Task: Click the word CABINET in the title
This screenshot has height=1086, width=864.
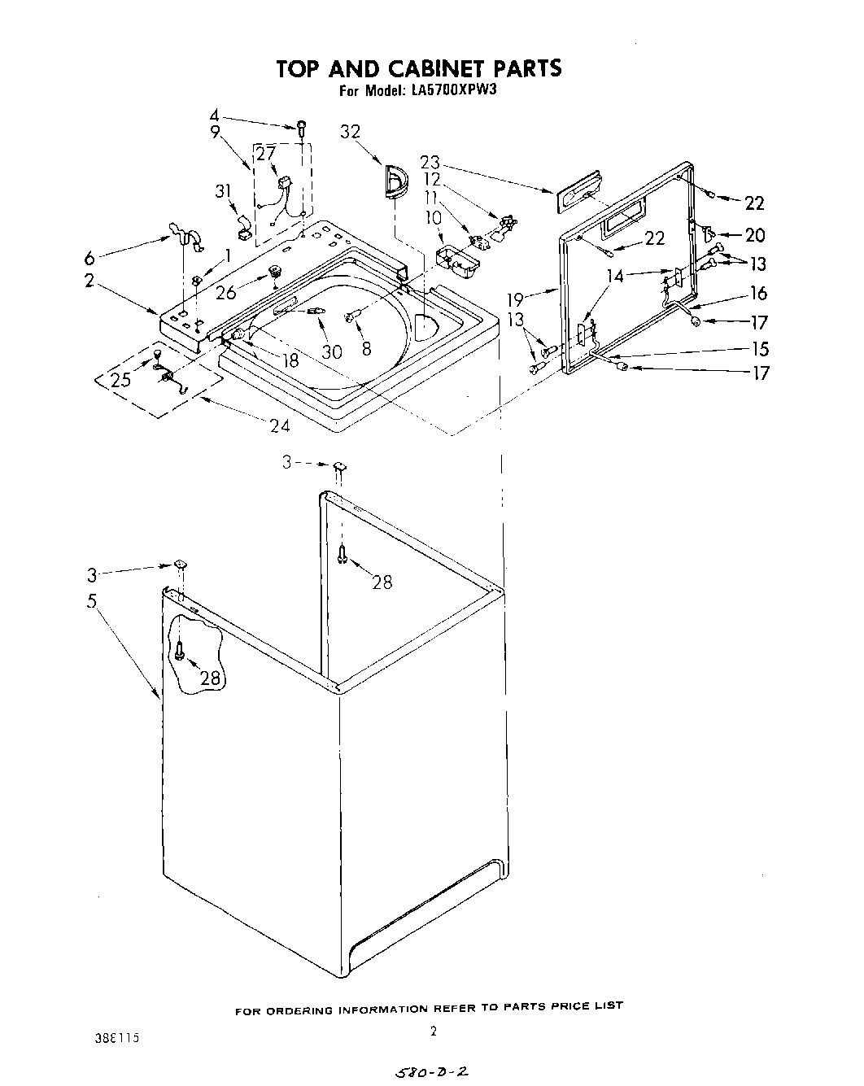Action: coord(421,68)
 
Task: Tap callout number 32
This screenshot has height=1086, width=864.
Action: coord(351,133)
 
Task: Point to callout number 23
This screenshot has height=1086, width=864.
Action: coord(430,162)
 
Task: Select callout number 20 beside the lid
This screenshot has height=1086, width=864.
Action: coord(755,235)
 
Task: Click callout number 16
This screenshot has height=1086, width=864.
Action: coord(758,294)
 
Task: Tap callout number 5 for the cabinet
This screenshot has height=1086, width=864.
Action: coord(92,602)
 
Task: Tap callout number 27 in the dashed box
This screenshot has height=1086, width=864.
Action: coord(266,152)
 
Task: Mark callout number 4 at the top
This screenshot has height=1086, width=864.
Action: coord(214,115)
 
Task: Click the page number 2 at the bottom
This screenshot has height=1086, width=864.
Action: coord(434,1031)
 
